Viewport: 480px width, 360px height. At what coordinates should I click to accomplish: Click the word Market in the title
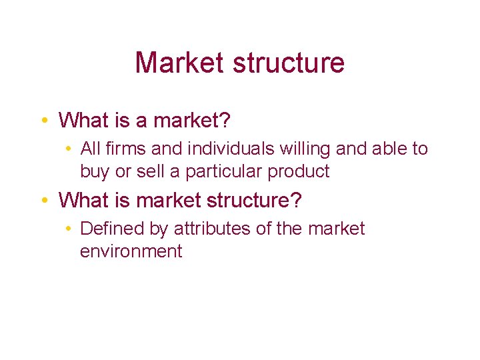[x=179, y=63]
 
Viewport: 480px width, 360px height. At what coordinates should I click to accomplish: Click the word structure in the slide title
[x=289, y=63]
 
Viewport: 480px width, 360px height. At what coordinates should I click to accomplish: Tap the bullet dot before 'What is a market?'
[x=42, y=121]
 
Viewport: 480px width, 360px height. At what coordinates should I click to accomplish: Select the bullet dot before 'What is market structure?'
[x=42, y=200]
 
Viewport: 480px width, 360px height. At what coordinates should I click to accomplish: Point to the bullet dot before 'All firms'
[x=70, y=149]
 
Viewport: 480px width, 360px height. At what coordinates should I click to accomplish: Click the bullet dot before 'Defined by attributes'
[x=70, y=229]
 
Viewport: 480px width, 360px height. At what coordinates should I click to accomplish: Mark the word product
[x=299, y=172]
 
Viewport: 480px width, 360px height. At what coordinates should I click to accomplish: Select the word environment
[x=131, y=251]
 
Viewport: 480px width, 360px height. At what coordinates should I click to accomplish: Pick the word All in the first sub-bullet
[x=89, y=149]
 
